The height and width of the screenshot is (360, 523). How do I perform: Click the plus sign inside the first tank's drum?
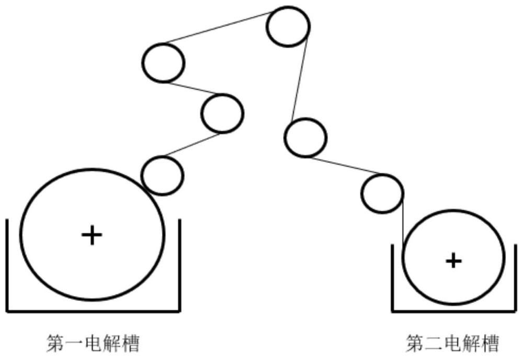[92, 235]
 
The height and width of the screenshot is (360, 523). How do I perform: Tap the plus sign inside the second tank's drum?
[453, 261]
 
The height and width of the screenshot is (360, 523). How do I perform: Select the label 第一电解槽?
[93, 343]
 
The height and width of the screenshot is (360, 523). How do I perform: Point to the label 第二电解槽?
[452, 343]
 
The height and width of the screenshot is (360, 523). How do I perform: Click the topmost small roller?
[288, 26]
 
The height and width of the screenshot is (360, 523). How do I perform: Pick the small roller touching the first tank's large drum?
[163, 175]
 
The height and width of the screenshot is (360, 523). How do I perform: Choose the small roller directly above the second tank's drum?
[382, 194]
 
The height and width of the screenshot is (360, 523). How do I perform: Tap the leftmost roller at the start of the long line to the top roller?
[163, 63]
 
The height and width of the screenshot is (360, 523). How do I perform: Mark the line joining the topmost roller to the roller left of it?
[219, 27]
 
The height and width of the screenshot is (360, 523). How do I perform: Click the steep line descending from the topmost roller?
[300, 79]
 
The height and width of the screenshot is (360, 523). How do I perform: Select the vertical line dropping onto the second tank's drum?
[403, 224]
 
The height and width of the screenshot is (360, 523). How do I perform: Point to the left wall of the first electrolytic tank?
[7, 265]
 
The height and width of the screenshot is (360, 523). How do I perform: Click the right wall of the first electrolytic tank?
[180, 265]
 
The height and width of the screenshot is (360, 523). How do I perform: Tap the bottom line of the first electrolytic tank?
[94, 311]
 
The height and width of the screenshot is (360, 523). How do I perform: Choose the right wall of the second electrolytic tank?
[516, 278]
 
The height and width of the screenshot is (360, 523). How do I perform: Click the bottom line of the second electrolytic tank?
[454, 311]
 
